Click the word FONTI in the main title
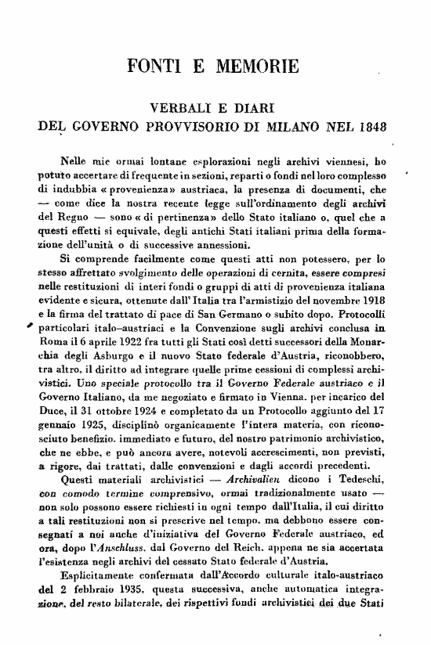(154, 65)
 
